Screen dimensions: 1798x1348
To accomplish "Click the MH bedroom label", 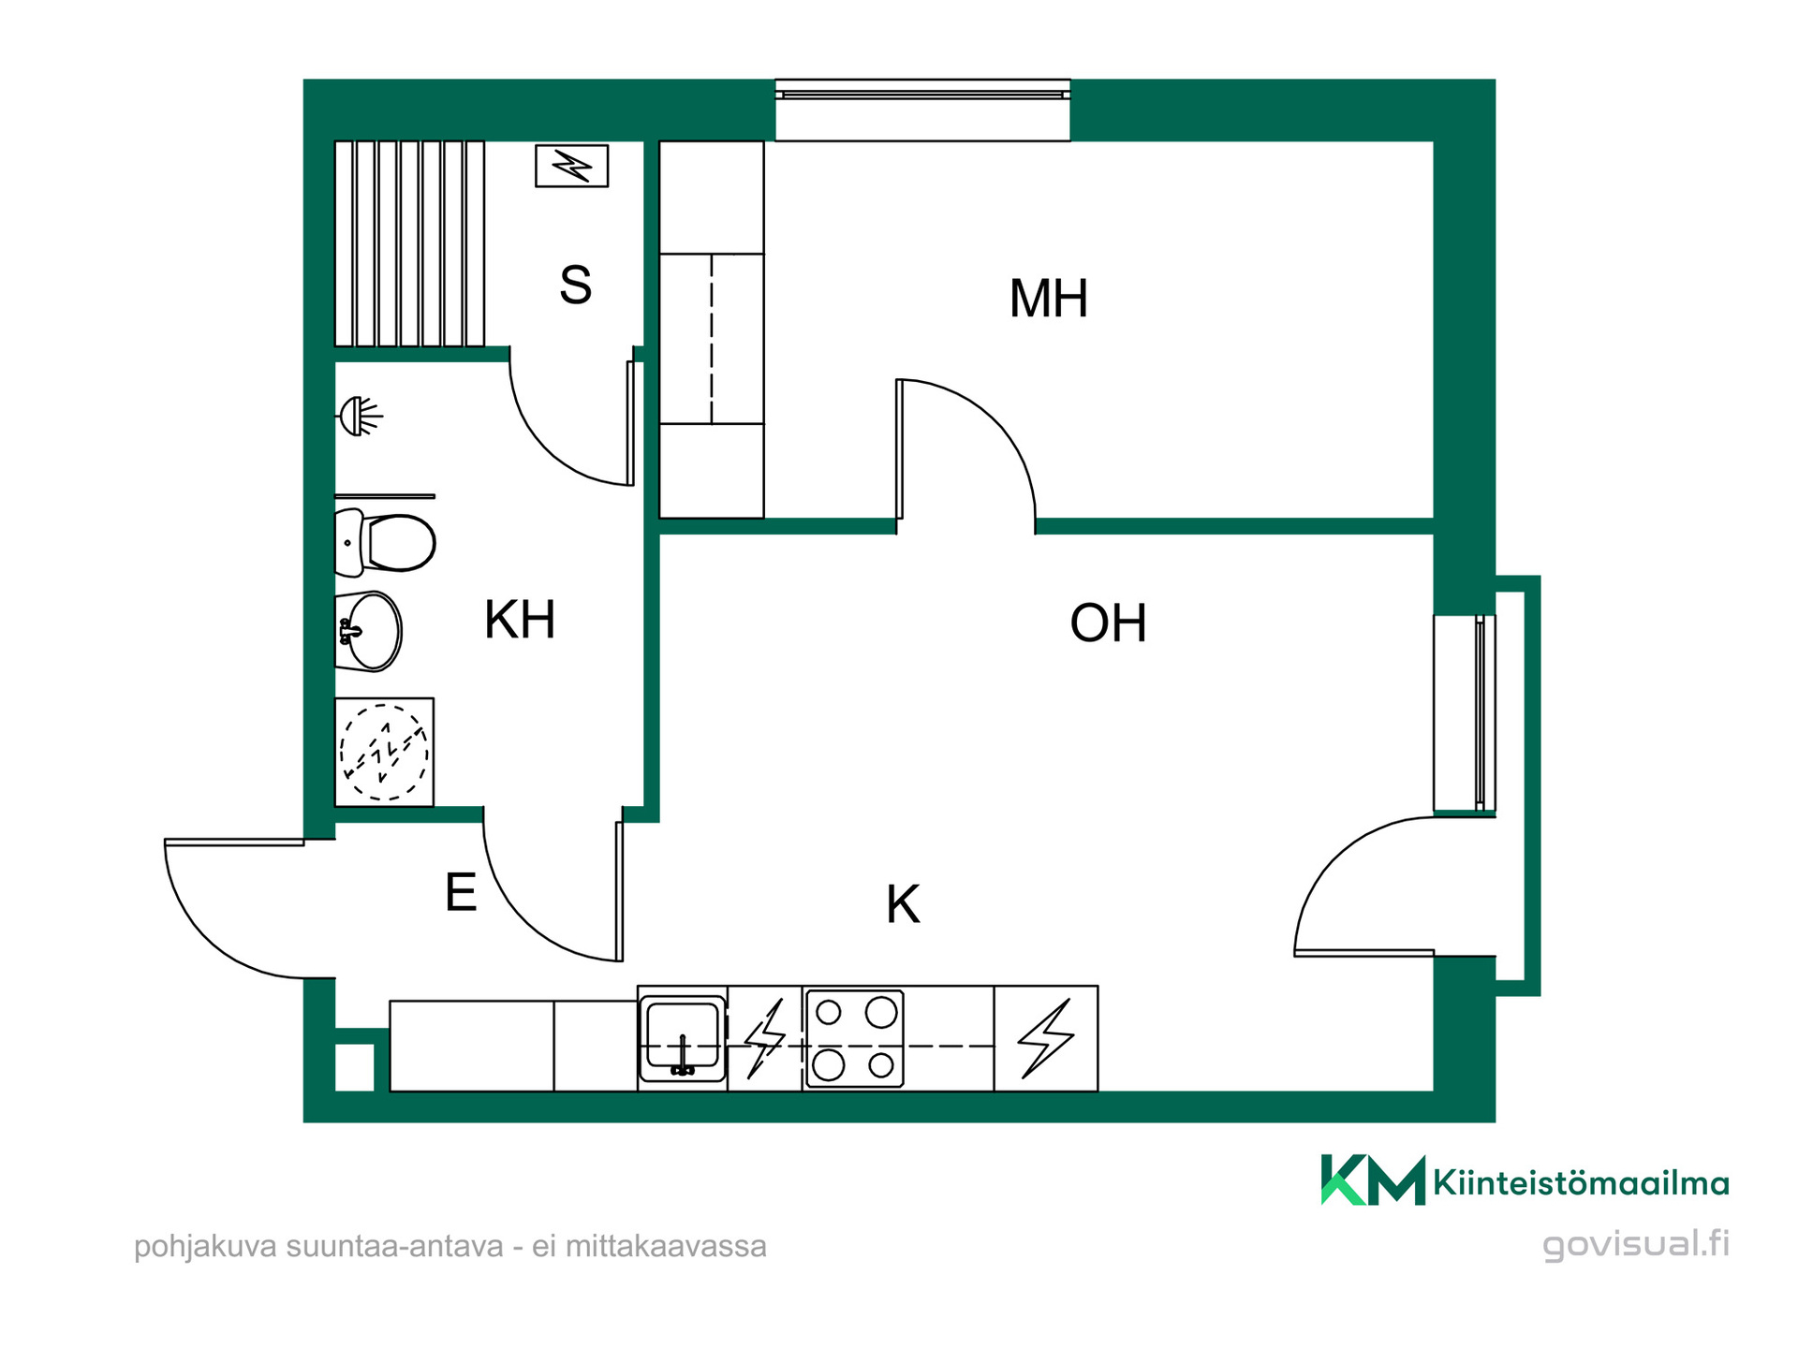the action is pos(1048,299).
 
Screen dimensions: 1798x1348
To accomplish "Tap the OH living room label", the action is pos(1108,623).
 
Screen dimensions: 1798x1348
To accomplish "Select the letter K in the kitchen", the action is pos(903,905).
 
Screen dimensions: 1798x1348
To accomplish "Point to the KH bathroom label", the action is pos(520,620).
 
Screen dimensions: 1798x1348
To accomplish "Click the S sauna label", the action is pos(575,285).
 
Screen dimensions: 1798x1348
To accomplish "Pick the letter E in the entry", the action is pos(461,892).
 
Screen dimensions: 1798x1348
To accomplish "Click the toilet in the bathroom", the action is pos(385,542).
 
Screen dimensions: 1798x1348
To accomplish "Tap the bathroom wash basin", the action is pos(369,631).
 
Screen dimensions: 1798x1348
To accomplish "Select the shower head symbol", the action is pos(360,417).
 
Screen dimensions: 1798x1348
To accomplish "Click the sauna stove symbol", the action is pos(571,166).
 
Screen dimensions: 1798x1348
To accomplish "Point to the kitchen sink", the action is pos(683,1038).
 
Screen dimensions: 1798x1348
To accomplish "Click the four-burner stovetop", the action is pos(854,1038).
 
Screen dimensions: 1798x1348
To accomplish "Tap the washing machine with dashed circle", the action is pos(384,753).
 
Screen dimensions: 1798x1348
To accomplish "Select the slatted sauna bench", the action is pos(409,243).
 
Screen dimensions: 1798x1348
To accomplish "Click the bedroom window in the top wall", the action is pos(922,110).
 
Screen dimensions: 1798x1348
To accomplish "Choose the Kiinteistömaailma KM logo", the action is pos(1525,1181).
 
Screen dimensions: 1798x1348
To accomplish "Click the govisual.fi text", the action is pos(1636,1244).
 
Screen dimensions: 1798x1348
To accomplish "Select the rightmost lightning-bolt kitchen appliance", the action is pos(1045,1038).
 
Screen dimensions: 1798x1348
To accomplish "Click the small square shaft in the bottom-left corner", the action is pos(354,1066).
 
